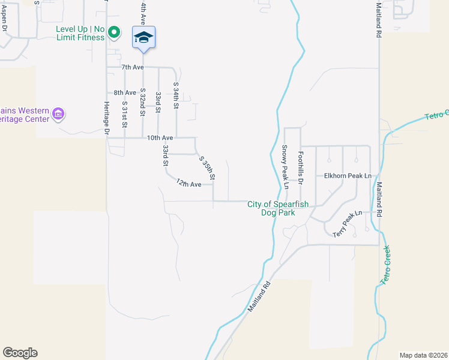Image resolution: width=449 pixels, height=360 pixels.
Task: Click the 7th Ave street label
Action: [x=133, y=67]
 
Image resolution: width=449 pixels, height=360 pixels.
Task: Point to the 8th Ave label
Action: [x=125, y=92]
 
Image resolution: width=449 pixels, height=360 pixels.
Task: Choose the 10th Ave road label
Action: [x=160, y=137]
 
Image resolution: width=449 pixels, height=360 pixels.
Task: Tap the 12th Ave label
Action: [x=188, y=184]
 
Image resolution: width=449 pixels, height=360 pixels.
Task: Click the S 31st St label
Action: [x=125, y=114]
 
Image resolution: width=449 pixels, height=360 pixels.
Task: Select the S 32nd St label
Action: [x=143, y=102]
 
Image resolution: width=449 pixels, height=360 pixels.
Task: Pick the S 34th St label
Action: [x=176, y=96]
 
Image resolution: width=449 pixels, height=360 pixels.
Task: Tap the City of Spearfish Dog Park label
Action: [x=278, y=208]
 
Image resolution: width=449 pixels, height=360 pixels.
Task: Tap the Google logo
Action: [x=20, y=353]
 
